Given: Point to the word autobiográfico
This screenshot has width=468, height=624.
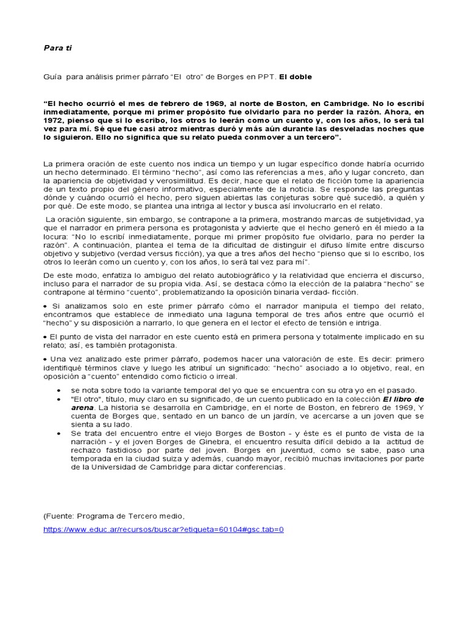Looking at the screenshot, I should coord(227,276).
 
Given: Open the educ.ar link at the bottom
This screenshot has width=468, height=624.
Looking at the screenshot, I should coord(163,529).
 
